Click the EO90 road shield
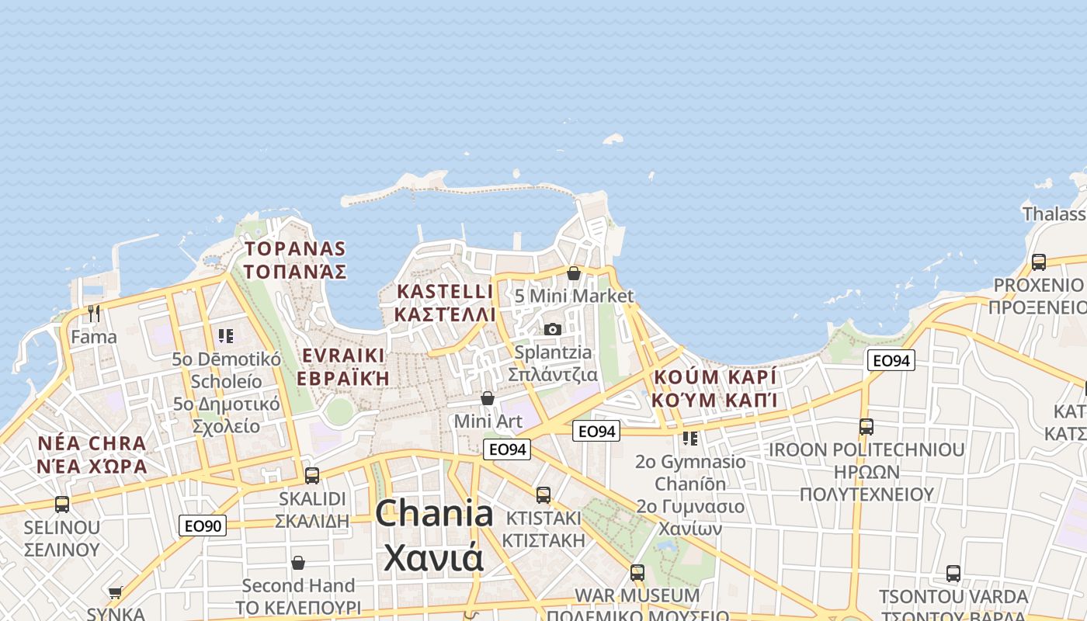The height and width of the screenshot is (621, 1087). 203,526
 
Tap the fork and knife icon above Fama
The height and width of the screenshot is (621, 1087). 94,314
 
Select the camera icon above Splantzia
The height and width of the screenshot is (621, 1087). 553,329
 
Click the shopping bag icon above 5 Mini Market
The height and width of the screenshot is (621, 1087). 574,273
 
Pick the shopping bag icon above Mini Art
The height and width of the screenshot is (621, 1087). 488,398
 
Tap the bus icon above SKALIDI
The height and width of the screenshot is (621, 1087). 312,475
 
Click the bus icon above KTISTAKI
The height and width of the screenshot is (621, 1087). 543,494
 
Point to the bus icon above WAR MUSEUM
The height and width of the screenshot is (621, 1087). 637,573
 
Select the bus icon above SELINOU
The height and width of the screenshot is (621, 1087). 62,505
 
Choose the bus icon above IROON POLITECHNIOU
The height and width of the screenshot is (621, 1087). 866,427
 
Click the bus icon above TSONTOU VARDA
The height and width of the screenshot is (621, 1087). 953,574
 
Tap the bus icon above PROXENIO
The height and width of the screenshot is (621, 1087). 1039,262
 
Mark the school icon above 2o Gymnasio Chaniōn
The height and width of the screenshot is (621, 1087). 690,439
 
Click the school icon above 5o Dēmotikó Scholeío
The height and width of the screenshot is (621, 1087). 226,336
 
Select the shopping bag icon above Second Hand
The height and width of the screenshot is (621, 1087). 298,563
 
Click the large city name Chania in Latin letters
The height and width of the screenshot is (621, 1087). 434,514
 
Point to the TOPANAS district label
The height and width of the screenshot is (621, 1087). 295,248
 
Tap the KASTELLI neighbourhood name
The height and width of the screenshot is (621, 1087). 445,291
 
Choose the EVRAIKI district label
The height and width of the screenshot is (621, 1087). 343,356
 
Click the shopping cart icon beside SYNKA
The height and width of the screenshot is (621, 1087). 116,593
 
